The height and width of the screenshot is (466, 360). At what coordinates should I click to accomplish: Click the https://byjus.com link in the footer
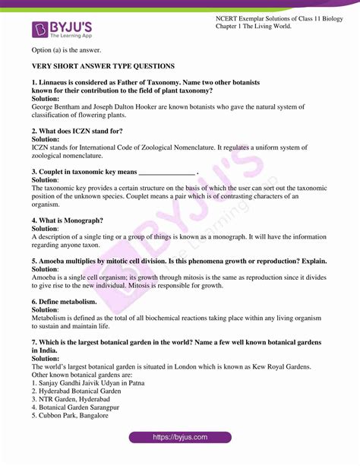pyautogui.click(x=180, y=438)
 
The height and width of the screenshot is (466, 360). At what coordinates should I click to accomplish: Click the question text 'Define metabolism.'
pyautogui.click(x=71, y=301)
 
